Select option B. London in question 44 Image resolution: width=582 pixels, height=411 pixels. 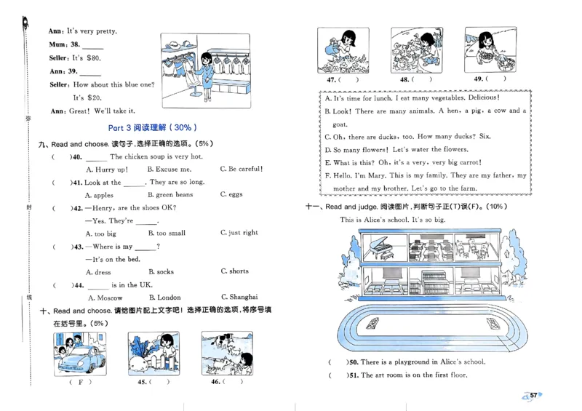tap(164, 298)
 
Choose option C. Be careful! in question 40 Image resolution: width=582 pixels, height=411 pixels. tap(241, 169)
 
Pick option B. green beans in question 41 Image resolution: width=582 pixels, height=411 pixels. tap(170, 196)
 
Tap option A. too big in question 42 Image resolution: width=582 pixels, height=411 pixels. tap(100, 234)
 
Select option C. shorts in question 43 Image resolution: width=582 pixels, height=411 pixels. tap(234, 271)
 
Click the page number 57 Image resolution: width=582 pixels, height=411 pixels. tap(533, 395)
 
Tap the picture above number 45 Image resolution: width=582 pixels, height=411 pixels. tap(153, 353)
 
